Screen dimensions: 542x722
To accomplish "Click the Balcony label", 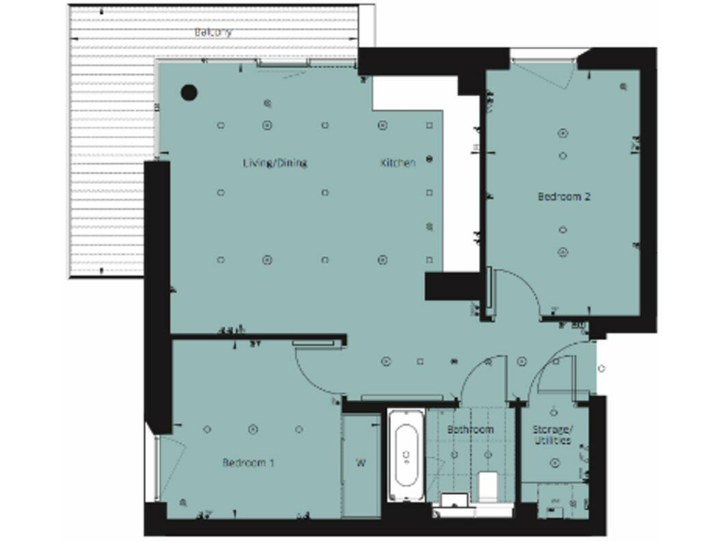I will click(213, 31).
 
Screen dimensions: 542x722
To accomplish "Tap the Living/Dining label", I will click(275, 163).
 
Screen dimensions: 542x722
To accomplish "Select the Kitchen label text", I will click(398, 163).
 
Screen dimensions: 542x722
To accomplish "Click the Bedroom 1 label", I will click(248, 462).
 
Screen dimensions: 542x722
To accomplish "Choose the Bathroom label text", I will click(470, 430).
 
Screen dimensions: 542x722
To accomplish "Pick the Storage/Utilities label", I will click(553, 435).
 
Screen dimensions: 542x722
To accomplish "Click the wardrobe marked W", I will click(360, 463).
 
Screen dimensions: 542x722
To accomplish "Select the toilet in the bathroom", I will click(488, 486).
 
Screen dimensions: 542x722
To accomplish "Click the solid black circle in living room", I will click(189, 92).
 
